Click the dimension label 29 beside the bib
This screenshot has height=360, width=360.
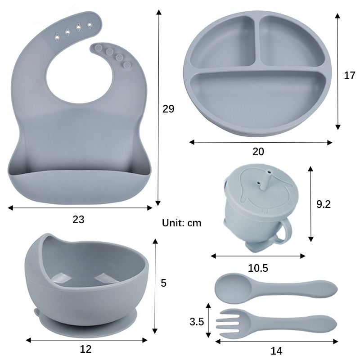click(x=168, y=108)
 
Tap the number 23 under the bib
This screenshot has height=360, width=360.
click(x=78, y=220)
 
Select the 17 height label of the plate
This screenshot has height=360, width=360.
click(x=350, y=76)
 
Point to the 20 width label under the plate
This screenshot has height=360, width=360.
click(x=258, y=152)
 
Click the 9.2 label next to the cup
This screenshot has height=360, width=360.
click(x=324, y=204)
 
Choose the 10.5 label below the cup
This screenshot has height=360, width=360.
click(x=258, y=268)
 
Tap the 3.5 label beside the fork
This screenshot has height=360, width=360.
click(x=197, y=321)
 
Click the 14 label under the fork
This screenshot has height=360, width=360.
click(x=276, y=351)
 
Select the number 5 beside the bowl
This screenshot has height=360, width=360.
click(x=163, y=283)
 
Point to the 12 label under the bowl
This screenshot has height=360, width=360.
click(x=85, y=349)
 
